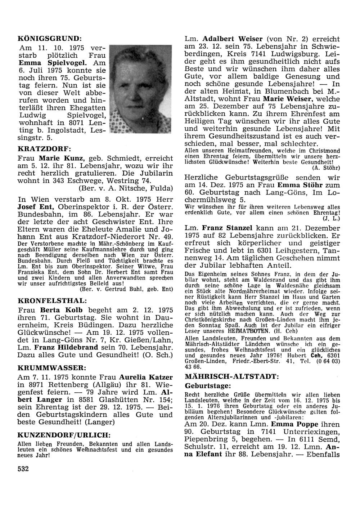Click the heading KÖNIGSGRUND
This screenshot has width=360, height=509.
pos(50,37)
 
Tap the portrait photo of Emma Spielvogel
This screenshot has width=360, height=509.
pos(140,89)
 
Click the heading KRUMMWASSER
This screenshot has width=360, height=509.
pos(51,367)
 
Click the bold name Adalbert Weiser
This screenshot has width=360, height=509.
pos(233,39)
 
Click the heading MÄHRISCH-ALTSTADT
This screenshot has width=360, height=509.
pos(231,377)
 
